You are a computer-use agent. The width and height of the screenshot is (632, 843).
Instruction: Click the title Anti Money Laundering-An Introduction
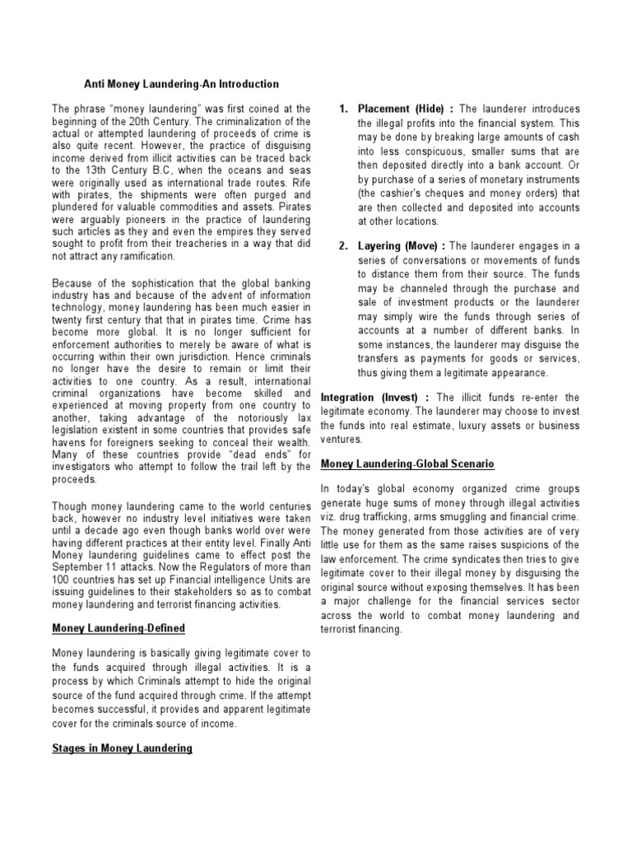182,84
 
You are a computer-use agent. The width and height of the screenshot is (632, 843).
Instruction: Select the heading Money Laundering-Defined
118,628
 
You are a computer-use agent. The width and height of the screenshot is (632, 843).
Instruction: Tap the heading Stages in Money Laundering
122,748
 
